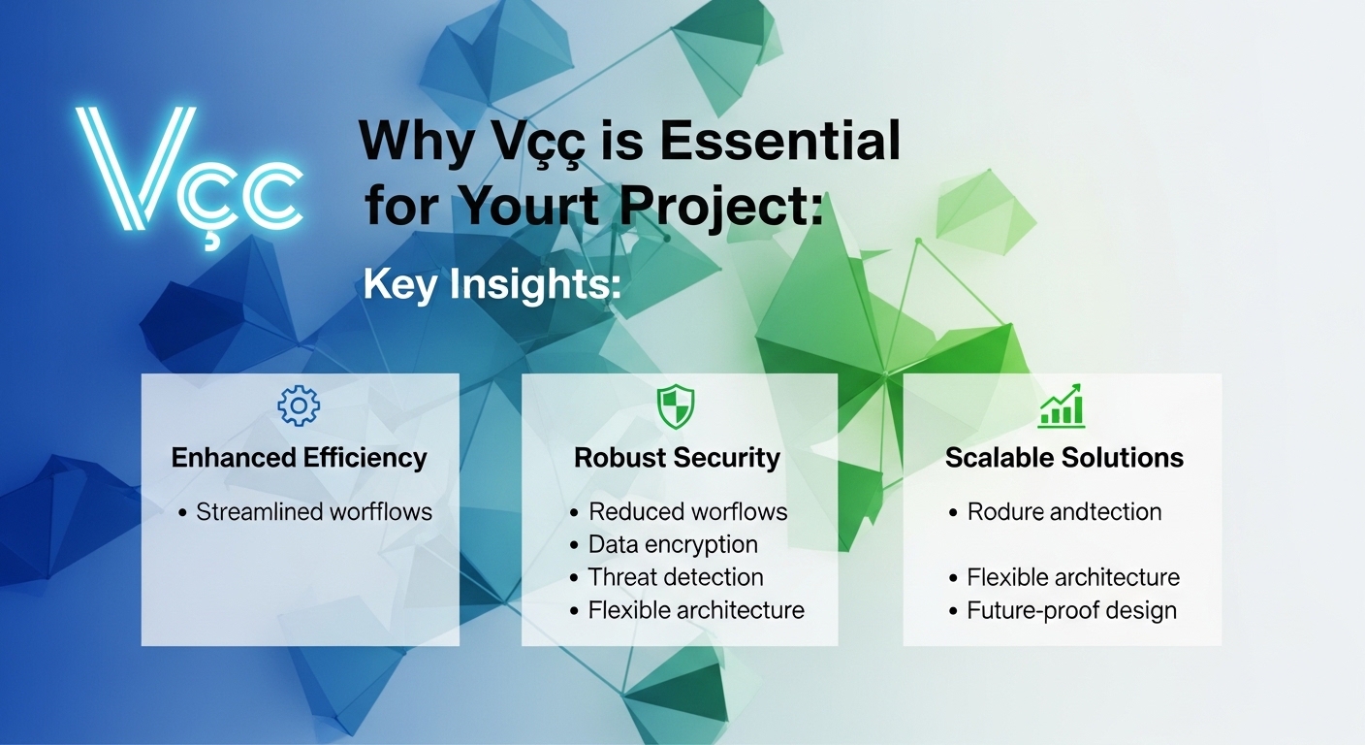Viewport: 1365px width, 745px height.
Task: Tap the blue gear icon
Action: (299, 405)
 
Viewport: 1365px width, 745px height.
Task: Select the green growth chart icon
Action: (1062, 405)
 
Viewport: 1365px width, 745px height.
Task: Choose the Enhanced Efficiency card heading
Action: (299, 458)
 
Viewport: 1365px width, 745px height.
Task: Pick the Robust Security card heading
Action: (677, 458)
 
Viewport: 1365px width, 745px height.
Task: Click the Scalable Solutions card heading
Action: (1063, 458)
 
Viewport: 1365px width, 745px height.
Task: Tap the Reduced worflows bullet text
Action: (688, 511)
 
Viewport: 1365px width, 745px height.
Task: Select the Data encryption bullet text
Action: (673, 544)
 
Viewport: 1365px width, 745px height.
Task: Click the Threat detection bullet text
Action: (676, 577)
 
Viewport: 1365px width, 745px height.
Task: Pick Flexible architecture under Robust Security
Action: (696, 610)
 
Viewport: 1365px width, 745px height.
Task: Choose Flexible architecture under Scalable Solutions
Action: (1073, 577)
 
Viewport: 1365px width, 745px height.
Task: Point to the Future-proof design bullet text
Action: (1071, 610)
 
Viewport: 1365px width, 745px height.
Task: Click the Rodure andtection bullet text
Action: (1063, 511)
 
